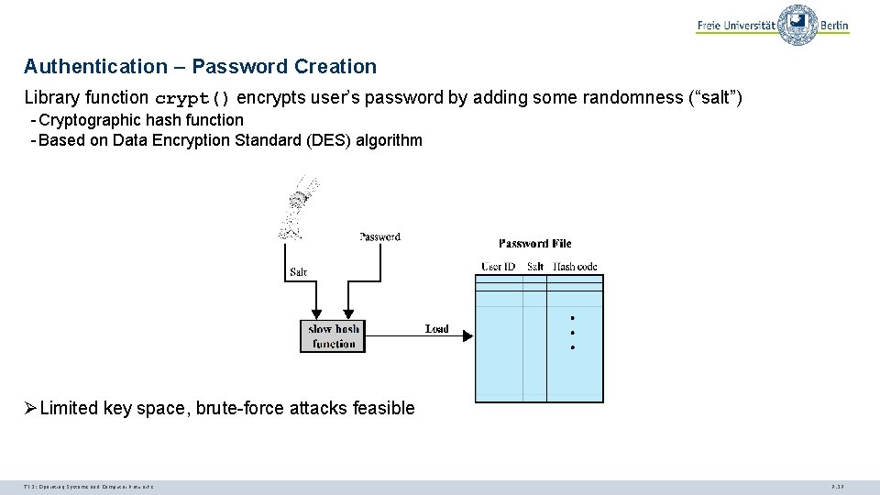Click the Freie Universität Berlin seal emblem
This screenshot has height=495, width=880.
[x=797, y=25]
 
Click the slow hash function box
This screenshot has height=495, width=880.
[x=334, y=335]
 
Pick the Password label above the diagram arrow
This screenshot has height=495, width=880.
[x=379, y=236]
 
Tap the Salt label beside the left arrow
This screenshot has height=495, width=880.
[x=298, y=271]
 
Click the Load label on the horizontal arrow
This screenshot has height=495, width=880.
[x=437, y=328]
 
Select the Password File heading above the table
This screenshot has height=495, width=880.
[x=535, y=243]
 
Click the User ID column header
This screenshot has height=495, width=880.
[x=499, y=267]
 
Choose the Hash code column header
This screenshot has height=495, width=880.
[x=575, y=267]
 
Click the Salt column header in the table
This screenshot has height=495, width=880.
[x=535, y=267]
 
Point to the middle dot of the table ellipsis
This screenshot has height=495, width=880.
[x=572, y=333]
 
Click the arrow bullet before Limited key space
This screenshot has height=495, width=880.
[x=30, y=408]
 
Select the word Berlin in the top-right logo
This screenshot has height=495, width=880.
[x=834, y=26]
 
